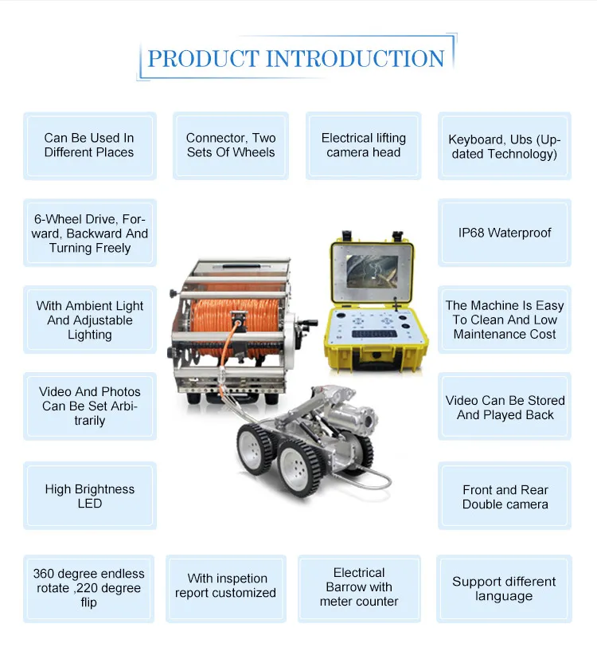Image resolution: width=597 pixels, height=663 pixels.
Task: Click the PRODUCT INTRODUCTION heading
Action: click(296, 58)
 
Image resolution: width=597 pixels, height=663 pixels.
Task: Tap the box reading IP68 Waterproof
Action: click(505, 233)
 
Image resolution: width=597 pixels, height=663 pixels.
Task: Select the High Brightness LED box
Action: click(90, 496)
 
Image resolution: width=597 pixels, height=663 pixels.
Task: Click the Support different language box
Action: click(504, 589)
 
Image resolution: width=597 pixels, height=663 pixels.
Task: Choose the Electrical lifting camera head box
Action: click(364, 145)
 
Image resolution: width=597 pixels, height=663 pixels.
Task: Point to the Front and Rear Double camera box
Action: click(505, 496)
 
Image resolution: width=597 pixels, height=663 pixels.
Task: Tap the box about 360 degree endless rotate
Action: click(89, 588)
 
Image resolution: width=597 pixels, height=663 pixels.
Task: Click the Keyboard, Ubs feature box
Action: click(505, 147)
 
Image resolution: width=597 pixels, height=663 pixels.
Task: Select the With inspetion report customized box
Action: click(226, 586)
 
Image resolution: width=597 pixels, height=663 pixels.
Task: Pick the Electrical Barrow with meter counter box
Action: click(359, 587)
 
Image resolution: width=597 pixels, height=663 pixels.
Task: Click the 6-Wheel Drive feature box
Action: click(90, 233)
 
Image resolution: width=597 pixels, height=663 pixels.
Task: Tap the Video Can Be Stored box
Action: click(505, 407)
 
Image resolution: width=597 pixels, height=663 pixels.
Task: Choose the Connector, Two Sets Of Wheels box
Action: click(231, 145)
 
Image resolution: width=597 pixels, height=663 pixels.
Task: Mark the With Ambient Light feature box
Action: click(90, 320)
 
